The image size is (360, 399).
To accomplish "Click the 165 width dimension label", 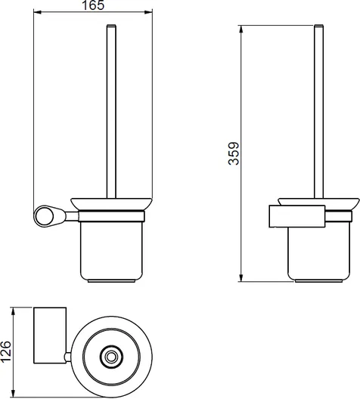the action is pyautogui.click(x=93, y=5).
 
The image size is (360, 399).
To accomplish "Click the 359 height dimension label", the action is pyautogui.click(x=234, y=153).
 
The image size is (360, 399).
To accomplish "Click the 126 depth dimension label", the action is pyautogui.click(x=6, y=351).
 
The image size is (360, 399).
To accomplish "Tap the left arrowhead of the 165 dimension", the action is pyautogui.click(x=37, y=12).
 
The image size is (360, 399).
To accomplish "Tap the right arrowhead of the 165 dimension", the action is pyautogui.click(x=149, y=12).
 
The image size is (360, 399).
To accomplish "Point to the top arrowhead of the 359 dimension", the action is pyautogui.click(x=241, y=29).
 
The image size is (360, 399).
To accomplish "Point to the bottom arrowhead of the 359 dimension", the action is pyautogui.click(x=241, y=278).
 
